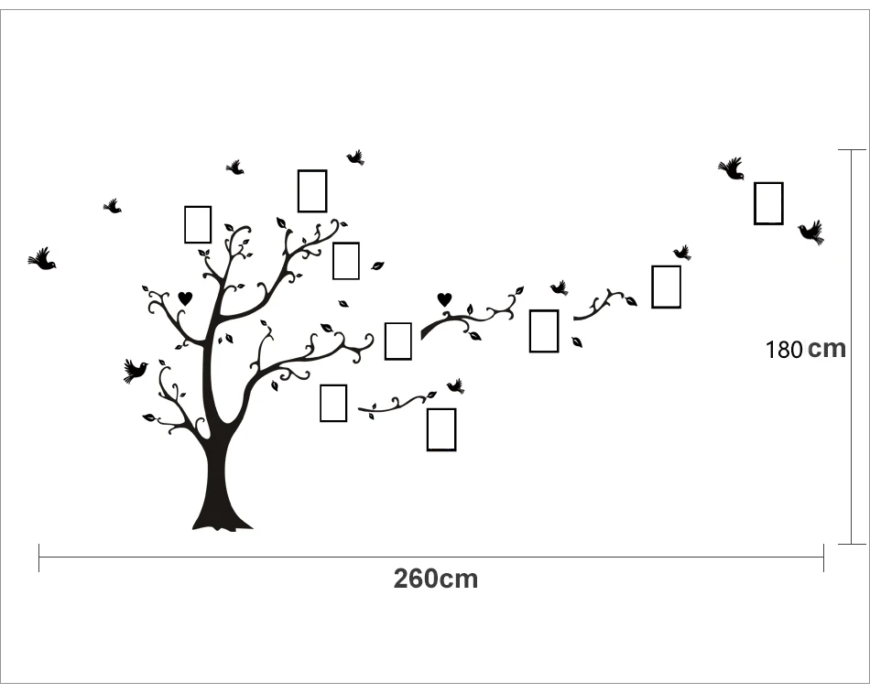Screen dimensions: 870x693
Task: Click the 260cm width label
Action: [436, 579]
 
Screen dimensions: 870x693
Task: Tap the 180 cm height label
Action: [806, 349]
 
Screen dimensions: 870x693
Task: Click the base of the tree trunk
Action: [222, 517]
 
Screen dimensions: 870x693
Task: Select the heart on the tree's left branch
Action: [185, 298]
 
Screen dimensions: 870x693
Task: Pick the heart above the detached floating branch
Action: [444, 298]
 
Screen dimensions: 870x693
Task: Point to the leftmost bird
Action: [42, 260]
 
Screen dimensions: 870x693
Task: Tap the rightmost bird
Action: [810, 232]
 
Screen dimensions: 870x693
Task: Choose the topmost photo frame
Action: [312, 190]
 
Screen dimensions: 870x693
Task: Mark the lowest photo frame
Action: [441, 429]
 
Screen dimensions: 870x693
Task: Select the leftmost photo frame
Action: [198, 224]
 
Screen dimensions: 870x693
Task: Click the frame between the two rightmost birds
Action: [768, 203]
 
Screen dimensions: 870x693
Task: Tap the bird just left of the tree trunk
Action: [135, 370]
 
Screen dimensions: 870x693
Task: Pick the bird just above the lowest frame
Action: [455, 386]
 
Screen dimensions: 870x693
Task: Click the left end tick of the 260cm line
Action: [39, 558]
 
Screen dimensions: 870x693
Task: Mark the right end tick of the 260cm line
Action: [823, 558]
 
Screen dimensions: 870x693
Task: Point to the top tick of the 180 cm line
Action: [852, 149]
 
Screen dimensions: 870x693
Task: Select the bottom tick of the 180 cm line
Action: [852, 544]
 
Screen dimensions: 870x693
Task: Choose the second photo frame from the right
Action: [666, 287]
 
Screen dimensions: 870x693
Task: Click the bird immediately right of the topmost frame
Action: [355, 157]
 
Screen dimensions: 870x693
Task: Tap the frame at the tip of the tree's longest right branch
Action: [397, 341]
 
